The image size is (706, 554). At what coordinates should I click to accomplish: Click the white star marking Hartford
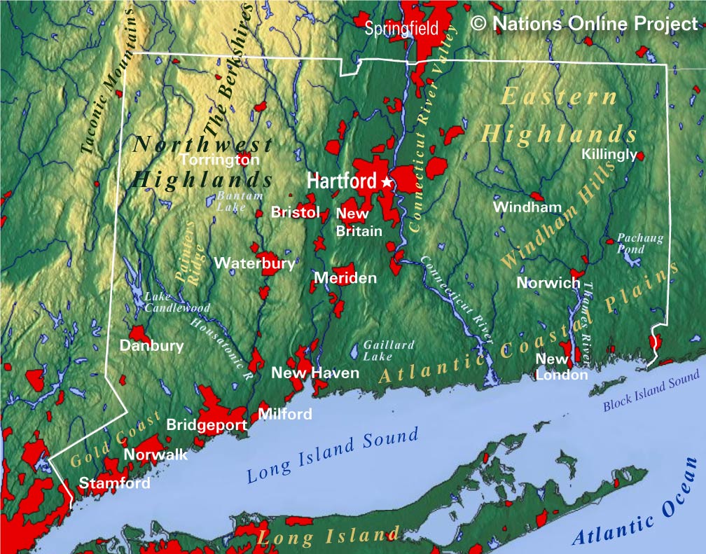tap(386, 182)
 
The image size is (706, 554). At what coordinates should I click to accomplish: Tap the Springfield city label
tap(401, 29)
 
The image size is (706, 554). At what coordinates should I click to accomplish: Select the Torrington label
tap(219, 160)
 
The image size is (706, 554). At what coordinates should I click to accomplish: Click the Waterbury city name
tap(254, 263)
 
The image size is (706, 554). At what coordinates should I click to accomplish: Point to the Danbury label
tap(151, 345)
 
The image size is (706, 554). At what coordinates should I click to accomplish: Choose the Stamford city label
tap(114, 483)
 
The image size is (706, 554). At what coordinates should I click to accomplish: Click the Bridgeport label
tap(206, 424)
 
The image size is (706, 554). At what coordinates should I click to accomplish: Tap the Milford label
tap(285, 414)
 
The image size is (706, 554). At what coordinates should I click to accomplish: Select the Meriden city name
tap(345, 278)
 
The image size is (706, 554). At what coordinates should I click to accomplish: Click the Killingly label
tap(609, 154)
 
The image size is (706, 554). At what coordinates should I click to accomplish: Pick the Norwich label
tap(548, 283)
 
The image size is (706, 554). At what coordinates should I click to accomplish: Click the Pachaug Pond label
tap(639, 243)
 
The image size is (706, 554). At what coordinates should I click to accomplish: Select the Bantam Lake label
tap(239, 201)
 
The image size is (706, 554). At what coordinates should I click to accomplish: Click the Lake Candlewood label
tap(176, 302)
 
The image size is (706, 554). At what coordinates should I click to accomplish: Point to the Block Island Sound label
tap(651, 392)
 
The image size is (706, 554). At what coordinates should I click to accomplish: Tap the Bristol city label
tap(295, 212)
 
